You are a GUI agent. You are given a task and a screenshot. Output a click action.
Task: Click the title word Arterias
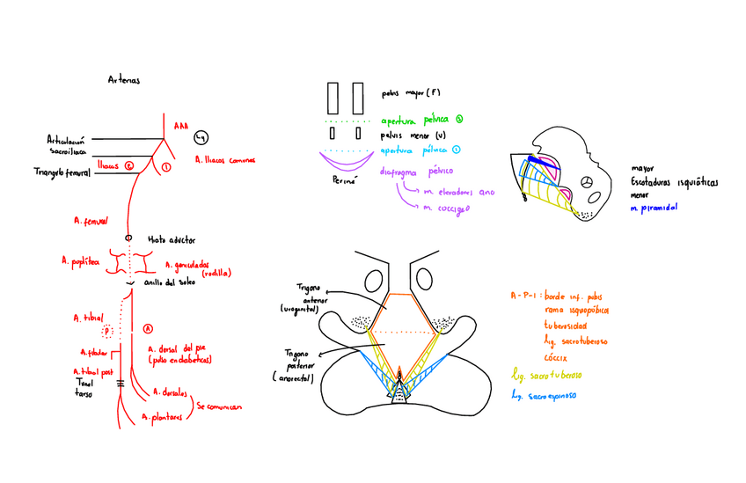tap(123, 79)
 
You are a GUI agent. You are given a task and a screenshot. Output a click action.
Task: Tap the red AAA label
tap(181, 126)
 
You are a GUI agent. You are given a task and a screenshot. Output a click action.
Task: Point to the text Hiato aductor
tap(171, 238)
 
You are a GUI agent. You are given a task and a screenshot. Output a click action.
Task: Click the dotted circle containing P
tap(108, 331)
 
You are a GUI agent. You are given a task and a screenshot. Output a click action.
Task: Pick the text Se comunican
tap(219, 407)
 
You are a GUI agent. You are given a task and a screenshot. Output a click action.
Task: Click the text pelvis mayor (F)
tap(411, 92)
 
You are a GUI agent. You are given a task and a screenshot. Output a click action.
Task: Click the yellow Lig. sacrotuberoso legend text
tap(551, 375)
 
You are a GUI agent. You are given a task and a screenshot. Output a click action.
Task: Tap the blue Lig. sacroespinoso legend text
tap(551, 398)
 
